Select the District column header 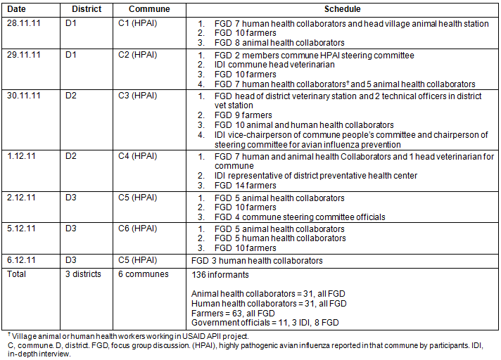[87, 10]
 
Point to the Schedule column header [343, 10]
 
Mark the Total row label [16, 274]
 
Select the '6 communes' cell [149, 274]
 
